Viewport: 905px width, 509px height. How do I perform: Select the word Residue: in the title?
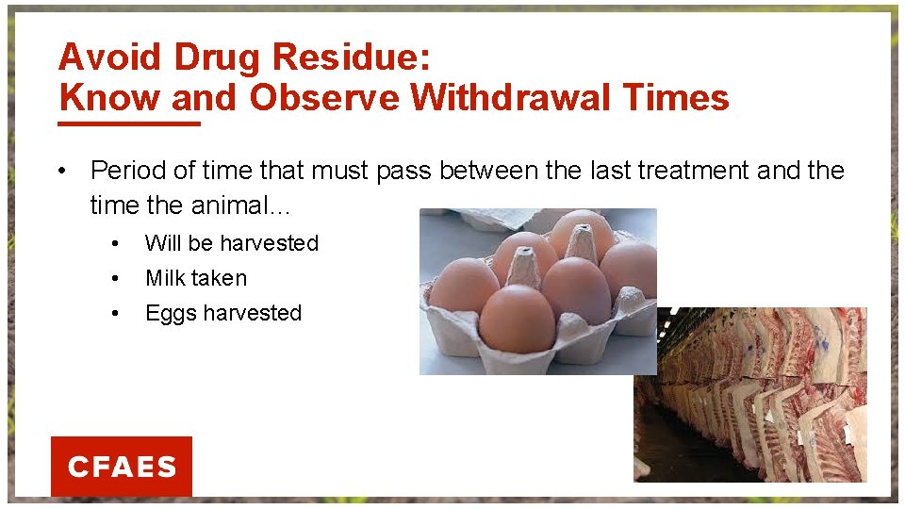click(x=352, y=57)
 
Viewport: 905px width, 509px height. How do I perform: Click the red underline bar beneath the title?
click(x=129, y=123)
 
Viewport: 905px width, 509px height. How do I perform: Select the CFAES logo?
click(x=122, y=467)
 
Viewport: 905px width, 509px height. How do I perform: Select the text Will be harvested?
click(x=231, y=243)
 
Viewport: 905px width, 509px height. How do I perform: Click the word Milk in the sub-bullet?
click(x=165, y=278)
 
